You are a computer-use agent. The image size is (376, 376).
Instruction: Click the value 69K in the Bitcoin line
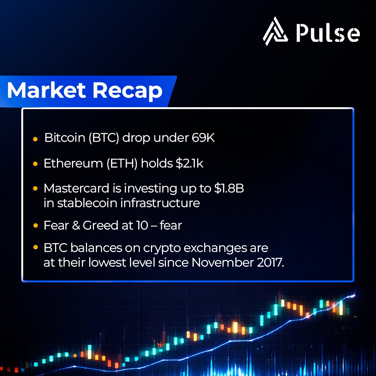pyautogui.click(x=205, y=138)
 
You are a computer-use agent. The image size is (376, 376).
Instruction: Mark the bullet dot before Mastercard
pyautogui.click(x=35, y=188)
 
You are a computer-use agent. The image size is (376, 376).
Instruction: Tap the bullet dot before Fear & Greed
pyautogui.click(x=35, y=225)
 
